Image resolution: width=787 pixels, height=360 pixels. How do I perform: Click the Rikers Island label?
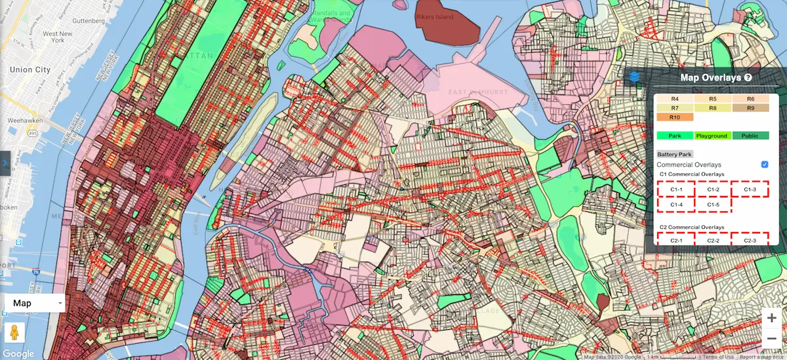(x=434, y=17)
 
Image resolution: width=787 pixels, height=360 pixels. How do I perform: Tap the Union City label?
(x=30, y=70)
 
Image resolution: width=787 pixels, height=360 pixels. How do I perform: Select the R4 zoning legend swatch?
(x=676, y=98)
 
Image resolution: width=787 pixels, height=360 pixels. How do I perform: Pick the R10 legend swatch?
(x=676, y=117)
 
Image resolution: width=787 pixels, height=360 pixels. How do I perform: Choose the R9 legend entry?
(x=750, y=108)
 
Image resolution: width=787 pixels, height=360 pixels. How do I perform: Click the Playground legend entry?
(x=713, y=136)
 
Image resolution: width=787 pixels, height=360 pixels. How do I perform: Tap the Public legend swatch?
(x=750, y=136)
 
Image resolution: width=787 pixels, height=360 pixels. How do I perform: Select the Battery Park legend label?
(x=675, y=154)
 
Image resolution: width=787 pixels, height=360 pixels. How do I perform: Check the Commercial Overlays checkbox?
(x=765, y=164)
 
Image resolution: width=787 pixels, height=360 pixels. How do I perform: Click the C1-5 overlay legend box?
(x=713, y=205)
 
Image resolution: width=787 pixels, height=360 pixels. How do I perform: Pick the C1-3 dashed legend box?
(x=750, y=190)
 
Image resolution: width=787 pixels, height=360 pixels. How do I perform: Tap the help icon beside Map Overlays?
(x=748, y=77)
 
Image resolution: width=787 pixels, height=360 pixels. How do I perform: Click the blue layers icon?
(x=634, y=77)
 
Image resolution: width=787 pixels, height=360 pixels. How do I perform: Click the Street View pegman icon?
(x=14, y=332)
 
